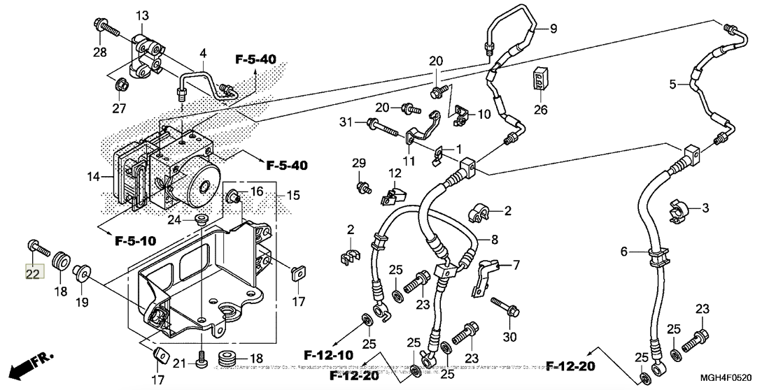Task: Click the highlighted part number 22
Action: point(33,273)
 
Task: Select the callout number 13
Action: point(142,15)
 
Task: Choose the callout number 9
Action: point(553,29)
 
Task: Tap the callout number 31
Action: point(344,123)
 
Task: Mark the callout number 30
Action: point(510,338)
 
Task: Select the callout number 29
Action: point(359,164)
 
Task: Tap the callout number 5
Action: point(672,85)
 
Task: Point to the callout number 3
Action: point(705,208)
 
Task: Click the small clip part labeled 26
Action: point(539,78)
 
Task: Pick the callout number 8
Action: point(494,240)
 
